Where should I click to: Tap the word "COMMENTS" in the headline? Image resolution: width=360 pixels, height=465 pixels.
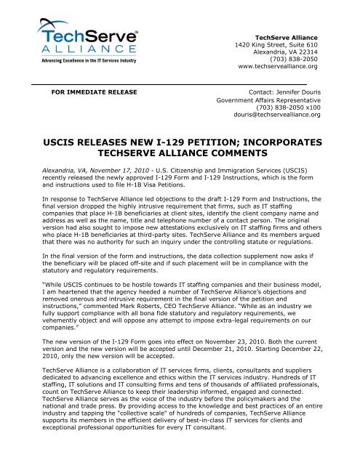[x=239, y=153]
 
